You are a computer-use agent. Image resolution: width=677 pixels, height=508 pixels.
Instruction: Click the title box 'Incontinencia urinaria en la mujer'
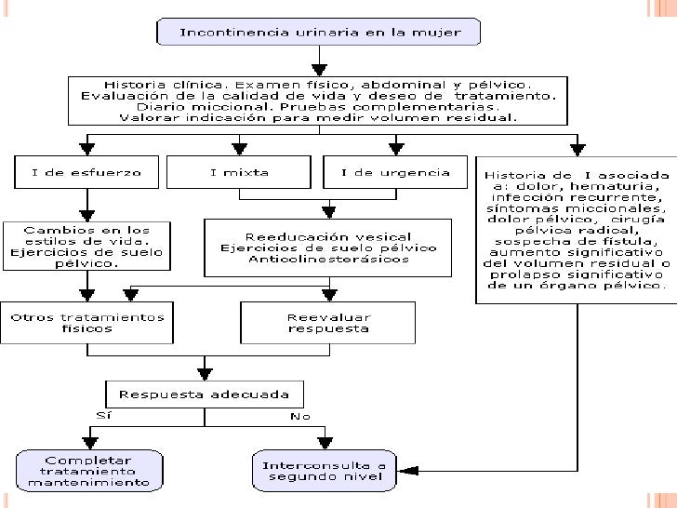[318, 32]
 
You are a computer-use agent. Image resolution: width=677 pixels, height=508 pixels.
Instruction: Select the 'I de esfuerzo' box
[86, 172]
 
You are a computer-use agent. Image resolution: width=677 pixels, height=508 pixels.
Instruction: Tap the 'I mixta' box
[239, 172]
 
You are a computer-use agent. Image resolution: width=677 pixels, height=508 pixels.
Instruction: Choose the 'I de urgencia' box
[395, 172]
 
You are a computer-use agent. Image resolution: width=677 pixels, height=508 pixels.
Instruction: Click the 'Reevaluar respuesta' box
[327, 323]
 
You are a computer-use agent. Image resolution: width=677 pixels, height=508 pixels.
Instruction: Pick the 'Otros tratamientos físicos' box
[86, 323]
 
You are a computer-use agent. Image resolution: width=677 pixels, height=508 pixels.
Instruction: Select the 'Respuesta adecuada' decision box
[205, 394]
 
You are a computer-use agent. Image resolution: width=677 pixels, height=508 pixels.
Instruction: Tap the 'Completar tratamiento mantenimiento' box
[89, 471]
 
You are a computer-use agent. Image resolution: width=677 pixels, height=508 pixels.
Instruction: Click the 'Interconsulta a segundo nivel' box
[325, 471]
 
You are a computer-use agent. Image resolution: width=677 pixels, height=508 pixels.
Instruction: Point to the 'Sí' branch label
[103, 416]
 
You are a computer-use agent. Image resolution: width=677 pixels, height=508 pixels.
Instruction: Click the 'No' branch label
[300, 417]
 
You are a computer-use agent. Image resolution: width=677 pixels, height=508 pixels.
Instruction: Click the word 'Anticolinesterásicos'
[328, 260]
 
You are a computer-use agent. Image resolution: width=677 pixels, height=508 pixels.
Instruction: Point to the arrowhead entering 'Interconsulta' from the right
[407, 471]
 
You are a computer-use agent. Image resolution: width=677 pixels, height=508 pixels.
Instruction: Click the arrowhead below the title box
[319, 71]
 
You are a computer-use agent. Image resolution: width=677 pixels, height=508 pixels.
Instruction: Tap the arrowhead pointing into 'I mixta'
[239, 150]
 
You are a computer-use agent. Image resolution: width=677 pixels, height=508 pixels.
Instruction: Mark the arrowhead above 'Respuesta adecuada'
[205, 374]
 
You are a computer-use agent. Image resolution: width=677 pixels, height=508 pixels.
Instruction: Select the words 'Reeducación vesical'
[328, 237]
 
